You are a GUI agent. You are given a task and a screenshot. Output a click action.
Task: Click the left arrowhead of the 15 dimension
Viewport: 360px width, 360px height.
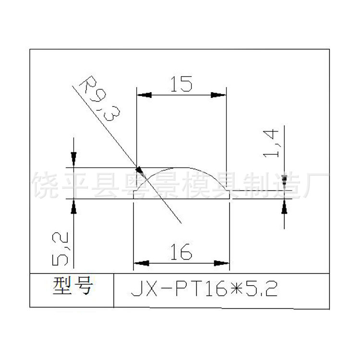(x=144, y=95)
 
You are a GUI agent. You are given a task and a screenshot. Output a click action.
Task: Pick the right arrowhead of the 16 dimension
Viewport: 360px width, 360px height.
(x=222, y=263)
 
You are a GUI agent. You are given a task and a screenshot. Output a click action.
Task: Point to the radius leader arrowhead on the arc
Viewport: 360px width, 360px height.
(x=140, y=170)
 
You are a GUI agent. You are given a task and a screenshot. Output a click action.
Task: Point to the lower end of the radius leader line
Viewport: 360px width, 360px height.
(x=180, y=223)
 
